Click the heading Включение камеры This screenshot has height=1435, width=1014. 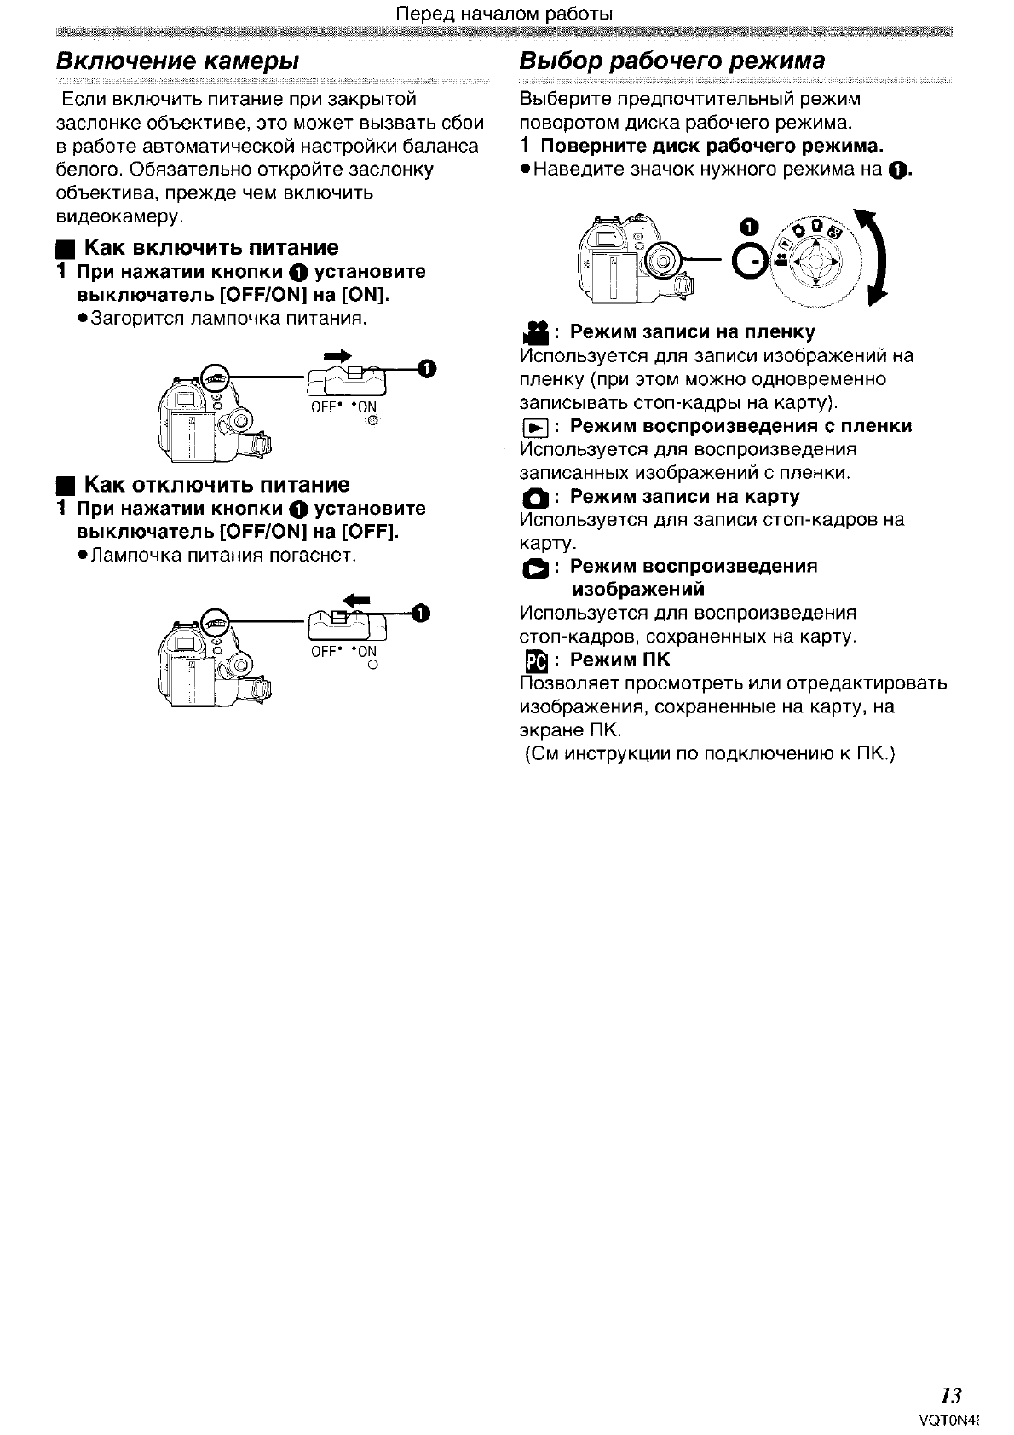[x=177, y=61]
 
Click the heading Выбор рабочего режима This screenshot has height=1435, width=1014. [x=672, y=61]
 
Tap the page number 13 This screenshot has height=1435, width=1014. [x=951, y=1396]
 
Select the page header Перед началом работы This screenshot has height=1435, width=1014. [x=506, y=14]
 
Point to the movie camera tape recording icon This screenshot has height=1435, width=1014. [x=535, y=331]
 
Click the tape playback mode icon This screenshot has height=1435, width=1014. [x=534, y=427]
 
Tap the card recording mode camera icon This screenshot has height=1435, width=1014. [x=534, y=498]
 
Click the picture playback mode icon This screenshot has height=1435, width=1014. [x=534, y=568]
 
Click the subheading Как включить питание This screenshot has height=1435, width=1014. [x=210, y=248]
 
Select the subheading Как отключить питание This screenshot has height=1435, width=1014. [x=216, y=485]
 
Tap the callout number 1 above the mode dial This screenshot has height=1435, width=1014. [x=748, y=227]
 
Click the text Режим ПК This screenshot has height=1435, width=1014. [x=619, y=660]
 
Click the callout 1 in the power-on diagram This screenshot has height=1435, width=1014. [x=427, y=368]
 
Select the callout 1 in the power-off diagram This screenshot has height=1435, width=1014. [x=421, y=613]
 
